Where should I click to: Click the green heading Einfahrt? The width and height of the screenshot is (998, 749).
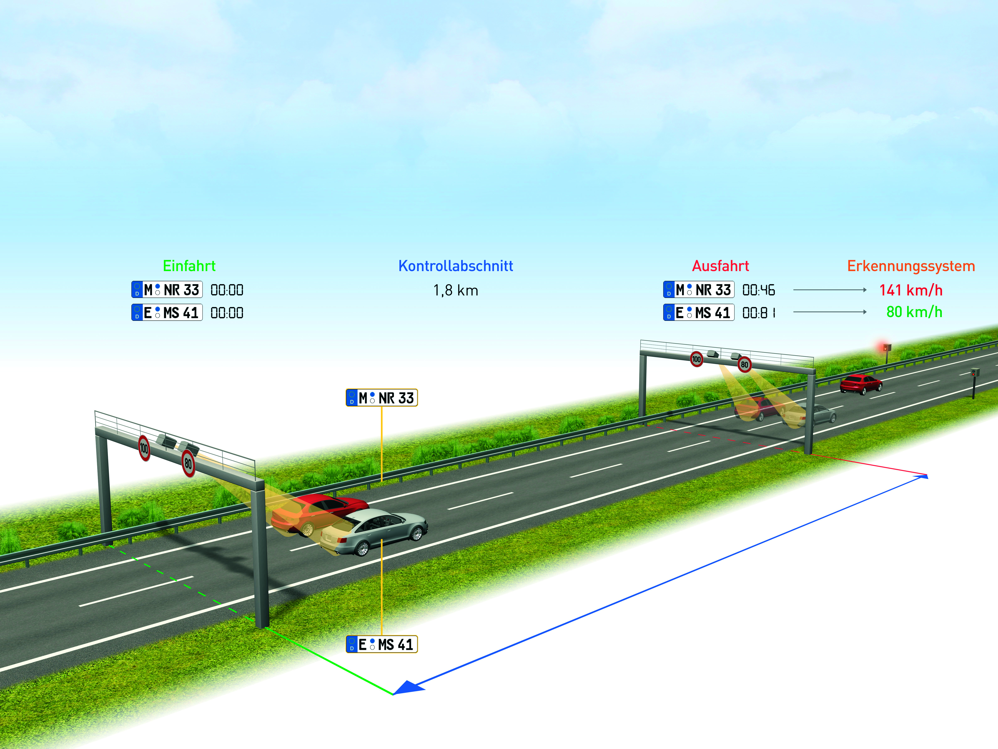[x=189, y=266]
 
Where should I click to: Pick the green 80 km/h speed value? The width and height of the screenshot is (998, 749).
[x=914, y=312]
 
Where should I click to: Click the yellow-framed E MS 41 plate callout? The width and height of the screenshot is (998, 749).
[x=382, y=644]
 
